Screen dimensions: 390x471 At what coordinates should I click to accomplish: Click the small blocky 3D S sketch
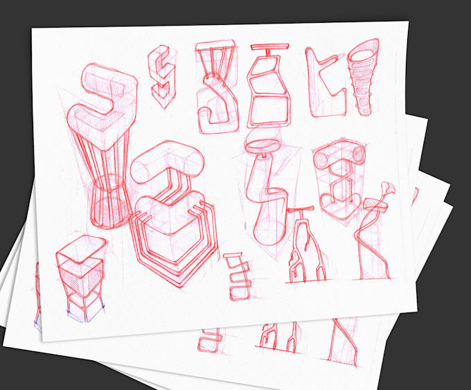161,71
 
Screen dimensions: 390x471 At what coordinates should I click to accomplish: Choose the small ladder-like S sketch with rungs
237,276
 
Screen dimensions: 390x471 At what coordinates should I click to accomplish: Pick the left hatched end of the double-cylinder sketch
322,159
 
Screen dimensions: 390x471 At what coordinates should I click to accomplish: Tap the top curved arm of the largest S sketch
107,77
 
